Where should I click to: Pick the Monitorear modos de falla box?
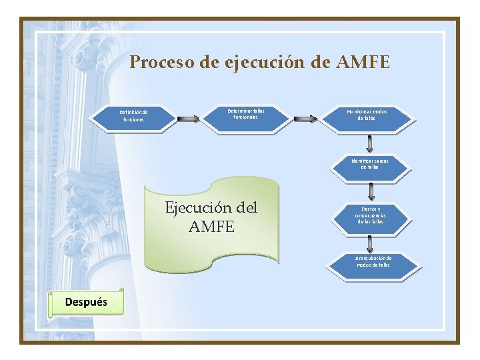tap(371, 115)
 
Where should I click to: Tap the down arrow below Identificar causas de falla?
tap(371, 192)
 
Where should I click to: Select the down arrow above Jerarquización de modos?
tap(371, 242)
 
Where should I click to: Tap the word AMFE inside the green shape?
tap(211, 227)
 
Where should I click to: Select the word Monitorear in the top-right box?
tap(361, 111)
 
